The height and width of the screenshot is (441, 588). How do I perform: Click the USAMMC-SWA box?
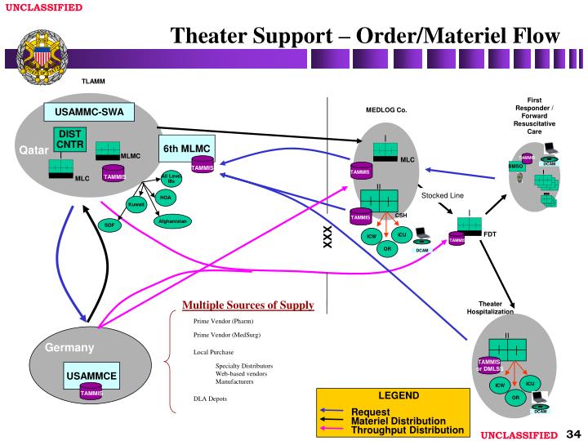pos(89,112)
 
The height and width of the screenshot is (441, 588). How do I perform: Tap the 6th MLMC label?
pos(186,149)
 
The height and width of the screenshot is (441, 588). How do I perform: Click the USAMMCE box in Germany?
pos(91,376)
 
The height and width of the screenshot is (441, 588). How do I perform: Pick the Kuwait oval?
pos(136,204)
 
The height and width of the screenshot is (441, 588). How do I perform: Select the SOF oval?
pos(109,225)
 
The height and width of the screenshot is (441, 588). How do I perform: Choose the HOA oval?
pos(166,197)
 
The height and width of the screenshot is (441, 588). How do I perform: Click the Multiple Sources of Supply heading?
pos(247,305)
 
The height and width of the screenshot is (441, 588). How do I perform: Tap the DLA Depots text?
pos(210,399)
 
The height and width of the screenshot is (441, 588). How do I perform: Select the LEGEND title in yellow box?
pos(397,395)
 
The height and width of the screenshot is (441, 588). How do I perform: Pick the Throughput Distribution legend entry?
pos(407,430)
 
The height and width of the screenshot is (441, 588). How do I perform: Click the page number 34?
pos(572,432)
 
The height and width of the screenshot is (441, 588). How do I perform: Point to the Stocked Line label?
pos(442,195)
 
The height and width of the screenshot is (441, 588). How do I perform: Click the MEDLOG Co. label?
pos(385,109)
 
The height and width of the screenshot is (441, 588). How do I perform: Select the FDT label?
pos(490,234)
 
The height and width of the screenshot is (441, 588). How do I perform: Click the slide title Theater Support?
pos(365,36)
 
